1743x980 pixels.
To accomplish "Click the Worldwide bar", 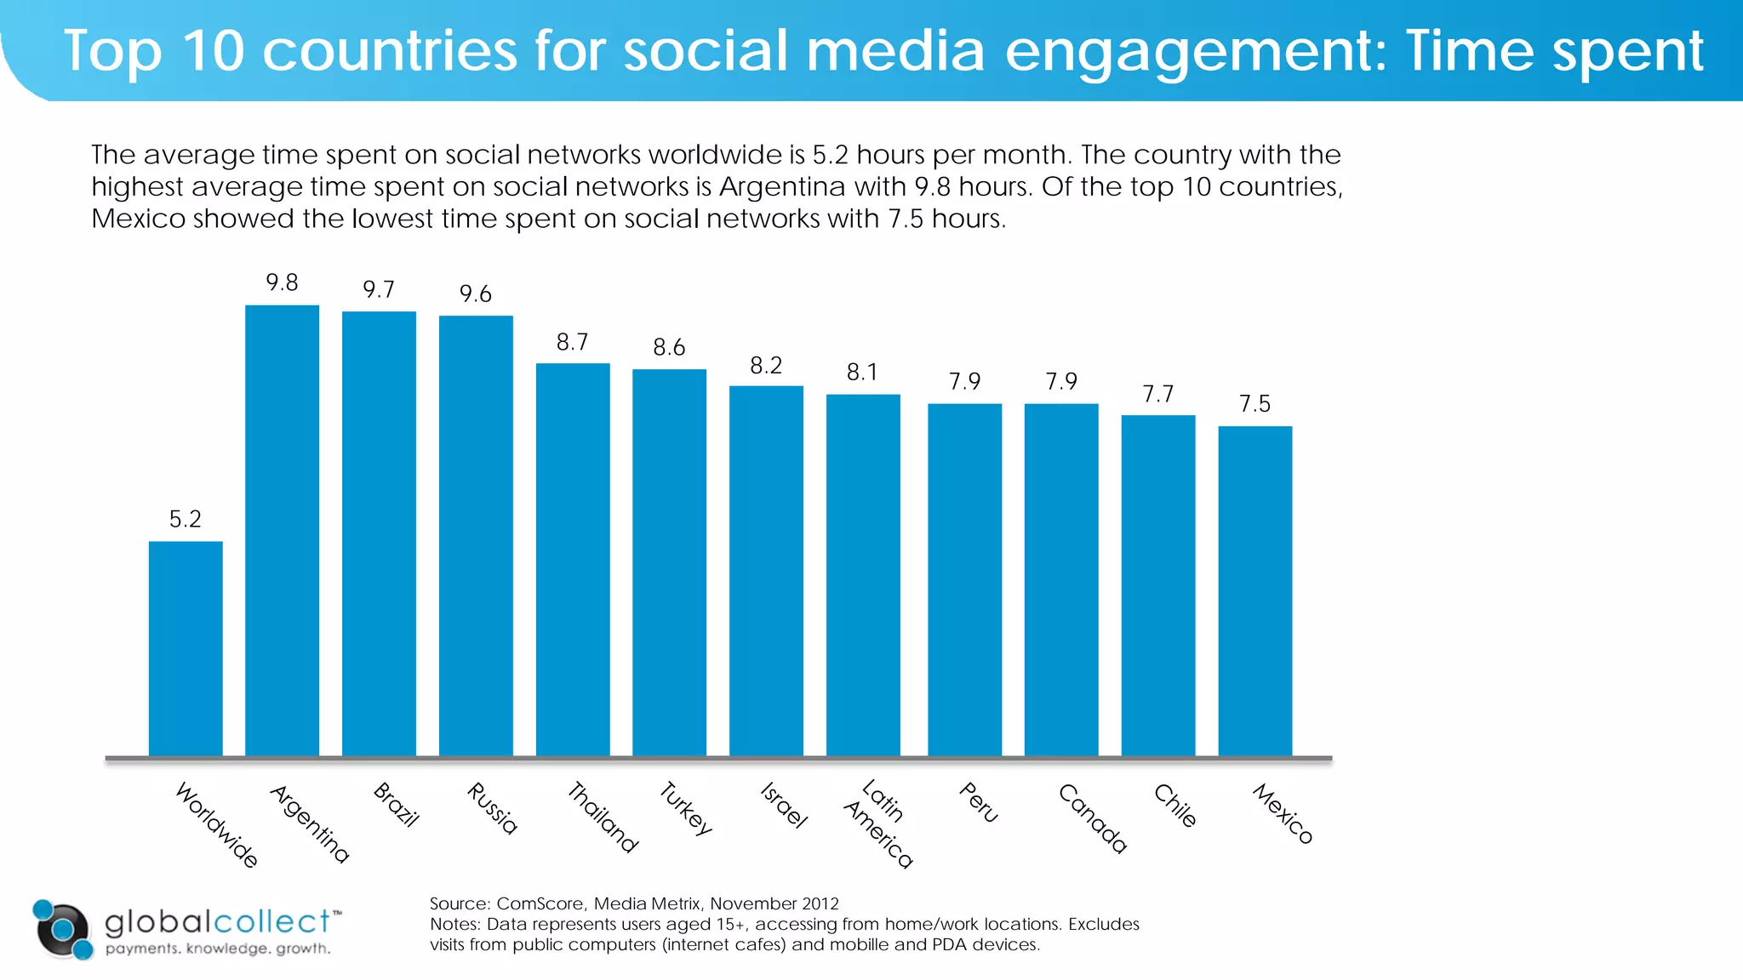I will (x=186, y=648).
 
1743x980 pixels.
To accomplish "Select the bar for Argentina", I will (x=282, y=530).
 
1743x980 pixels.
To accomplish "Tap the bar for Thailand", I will (x=573, y=559).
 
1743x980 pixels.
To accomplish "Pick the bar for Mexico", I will (x=1254, y=590).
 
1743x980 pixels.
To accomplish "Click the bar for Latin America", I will (x=863, y=574).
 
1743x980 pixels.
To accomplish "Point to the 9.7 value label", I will (x=379, y=290).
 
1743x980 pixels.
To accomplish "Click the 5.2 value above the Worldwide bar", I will (x=186, y=520).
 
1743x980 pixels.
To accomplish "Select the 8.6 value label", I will (x=669, y=348).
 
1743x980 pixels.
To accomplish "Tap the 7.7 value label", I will (x=1157, y=395).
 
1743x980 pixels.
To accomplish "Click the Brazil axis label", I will (x=397, y=805).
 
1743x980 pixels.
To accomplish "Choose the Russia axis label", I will (x=492, y=808).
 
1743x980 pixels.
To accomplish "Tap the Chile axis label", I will (x=1175, y=806).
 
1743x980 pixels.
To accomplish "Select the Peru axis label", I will (x=979, y=802).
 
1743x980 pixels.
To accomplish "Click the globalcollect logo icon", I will (x=62, y=929).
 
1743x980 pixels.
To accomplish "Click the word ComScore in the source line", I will (x=540, y=903).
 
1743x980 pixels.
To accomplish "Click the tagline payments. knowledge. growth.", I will (x=218, y=949).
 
